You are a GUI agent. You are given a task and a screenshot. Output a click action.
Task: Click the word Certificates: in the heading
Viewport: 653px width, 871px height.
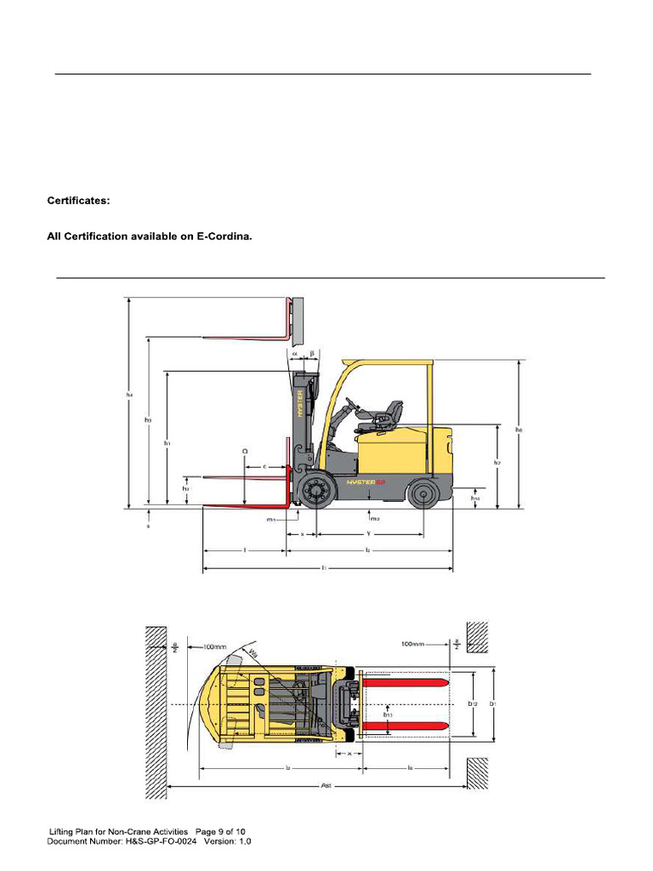pos(78,202)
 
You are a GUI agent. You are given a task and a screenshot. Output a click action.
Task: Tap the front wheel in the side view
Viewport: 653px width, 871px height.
pos(316,492)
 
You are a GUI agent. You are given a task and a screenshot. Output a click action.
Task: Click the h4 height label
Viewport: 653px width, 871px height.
pos(130,395)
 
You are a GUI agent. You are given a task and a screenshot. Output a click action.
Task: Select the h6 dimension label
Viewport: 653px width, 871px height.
pos(518,430)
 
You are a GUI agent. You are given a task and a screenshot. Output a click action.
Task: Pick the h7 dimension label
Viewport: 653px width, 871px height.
pos(497,463)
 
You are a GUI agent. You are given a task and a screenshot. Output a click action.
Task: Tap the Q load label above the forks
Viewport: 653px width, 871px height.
pos(245,451)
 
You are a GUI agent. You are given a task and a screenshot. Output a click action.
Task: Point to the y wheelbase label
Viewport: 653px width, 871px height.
pos(368,533)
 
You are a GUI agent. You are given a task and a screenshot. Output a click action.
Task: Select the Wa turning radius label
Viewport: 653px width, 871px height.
pos(253,654)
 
